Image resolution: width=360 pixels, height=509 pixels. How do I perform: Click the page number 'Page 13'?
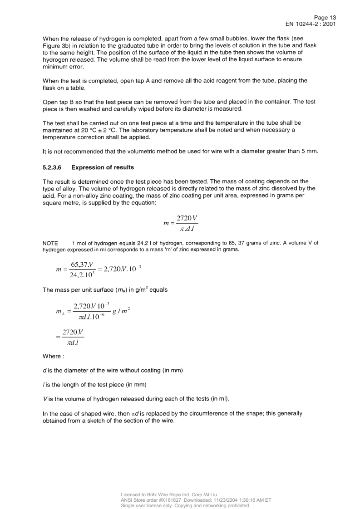pyautogui.click(x=324, y=17)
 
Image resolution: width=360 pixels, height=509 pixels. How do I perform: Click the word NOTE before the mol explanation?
pyautogui.click(x=49, y=242)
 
